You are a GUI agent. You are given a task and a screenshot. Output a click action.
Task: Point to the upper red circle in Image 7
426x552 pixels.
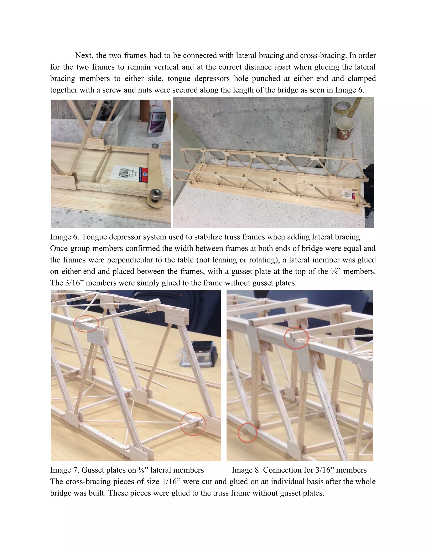point(86,323)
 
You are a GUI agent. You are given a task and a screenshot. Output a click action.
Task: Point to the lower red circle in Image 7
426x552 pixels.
point(193,424)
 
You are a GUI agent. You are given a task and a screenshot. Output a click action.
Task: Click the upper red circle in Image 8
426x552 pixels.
point(296,338)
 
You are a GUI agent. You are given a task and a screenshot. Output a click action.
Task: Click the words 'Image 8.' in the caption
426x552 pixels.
point(246,470)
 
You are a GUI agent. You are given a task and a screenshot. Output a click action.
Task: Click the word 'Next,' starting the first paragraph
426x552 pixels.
point(84,55)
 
